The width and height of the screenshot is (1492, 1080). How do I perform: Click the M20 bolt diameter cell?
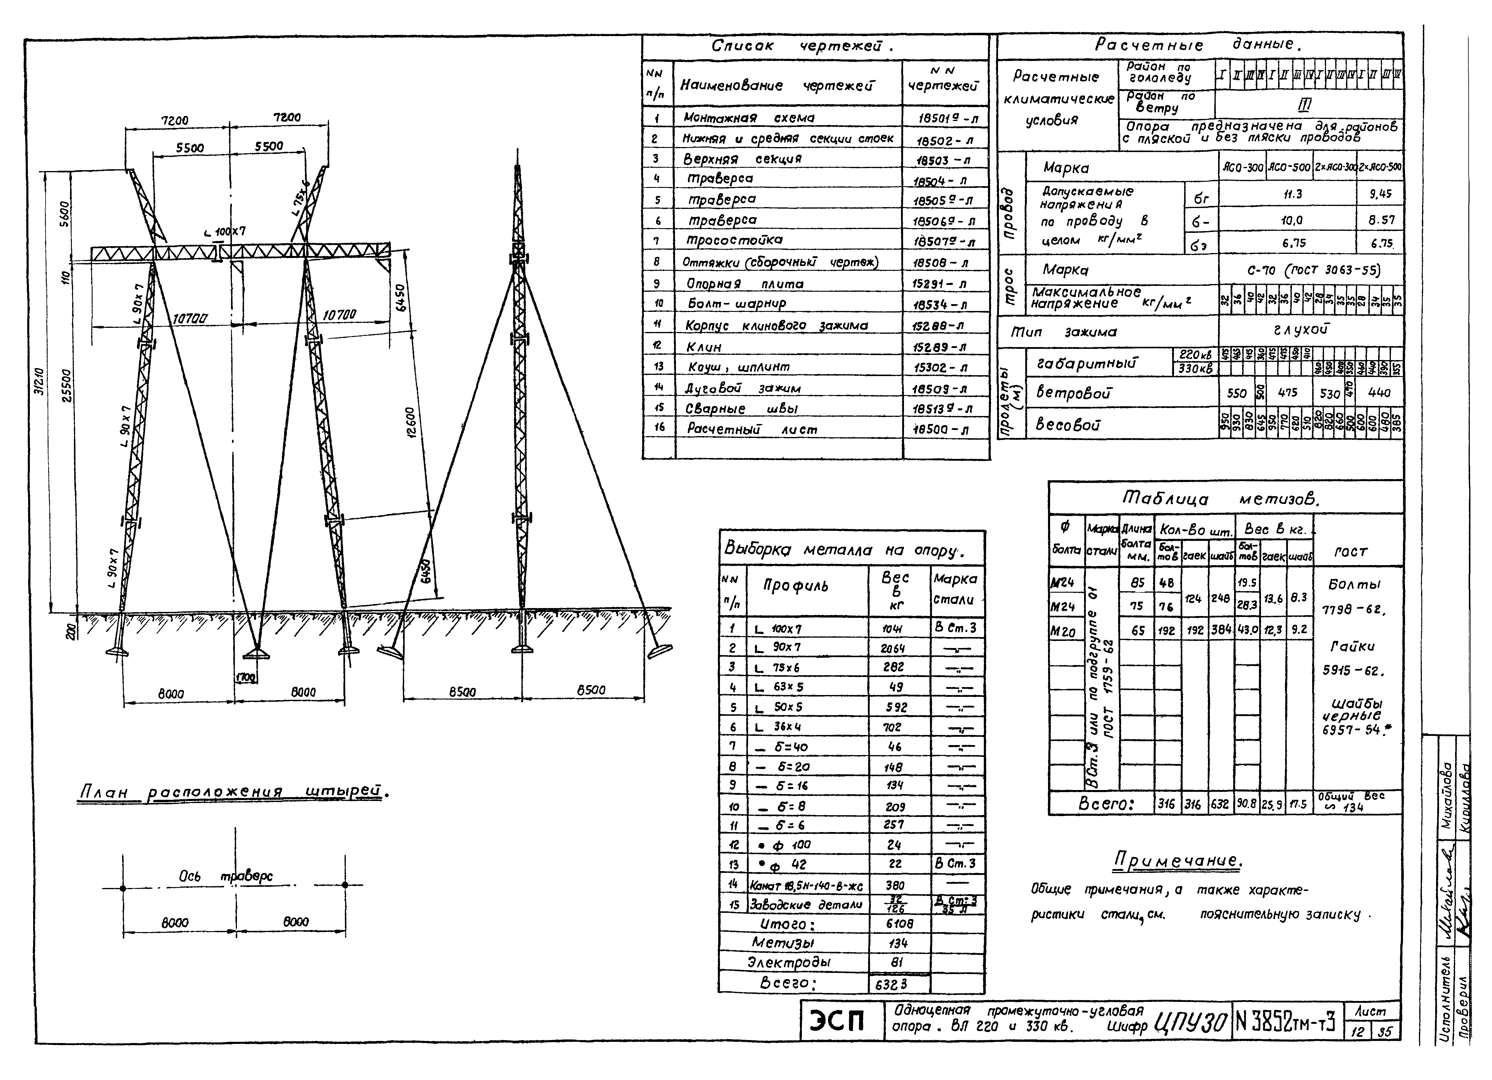click(x=1063, y=632)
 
